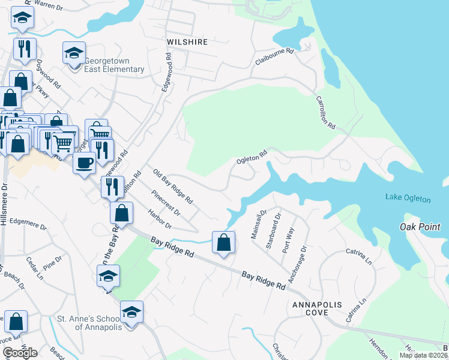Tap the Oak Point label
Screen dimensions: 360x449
[x=420, y=227]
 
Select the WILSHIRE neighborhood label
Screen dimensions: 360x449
[x=187, y=42]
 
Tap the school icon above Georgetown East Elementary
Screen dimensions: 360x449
[x=74, y=53]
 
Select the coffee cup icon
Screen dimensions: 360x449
[x=85, y=162]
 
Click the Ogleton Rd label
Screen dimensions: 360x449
[x=251, y=158]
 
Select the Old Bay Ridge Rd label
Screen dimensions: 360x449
[x=172, y=186]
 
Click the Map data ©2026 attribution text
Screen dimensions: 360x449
[x=423, y=355]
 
